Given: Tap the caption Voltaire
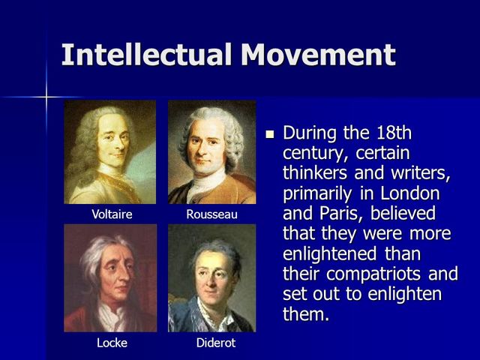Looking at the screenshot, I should pyautogui.click(x=112, y=214).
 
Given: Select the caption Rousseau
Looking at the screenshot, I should pyautogui.click(x=211, y=214).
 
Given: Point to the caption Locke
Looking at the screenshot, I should pyautogui.click(x=112, y=343).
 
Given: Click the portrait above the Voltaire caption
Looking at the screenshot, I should pyautogui.click(x=110, y=152).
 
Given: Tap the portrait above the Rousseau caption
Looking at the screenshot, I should pyautogui.click(x=211, y=152).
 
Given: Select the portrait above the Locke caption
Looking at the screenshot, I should pyautogui.click(x=110, y=278).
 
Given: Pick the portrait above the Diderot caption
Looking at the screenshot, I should pyautogui.click(x=211, y=278).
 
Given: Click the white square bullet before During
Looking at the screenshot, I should pyautogui.click(x=271, y=134).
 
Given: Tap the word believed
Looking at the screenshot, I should pyautogui.click(x=401, y=213).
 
